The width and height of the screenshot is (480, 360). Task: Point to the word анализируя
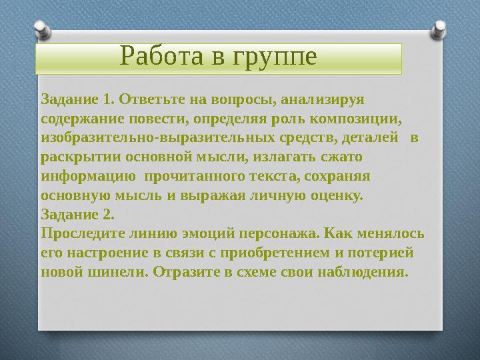[323, 100]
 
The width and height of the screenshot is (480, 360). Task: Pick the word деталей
[375, 138]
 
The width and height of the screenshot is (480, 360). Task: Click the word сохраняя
[339, 177]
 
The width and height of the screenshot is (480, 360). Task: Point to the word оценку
[337, 196]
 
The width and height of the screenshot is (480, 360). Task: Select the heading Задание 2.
[77, 215]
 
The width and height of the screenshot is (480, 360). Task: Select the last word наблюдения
[365, 272]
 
